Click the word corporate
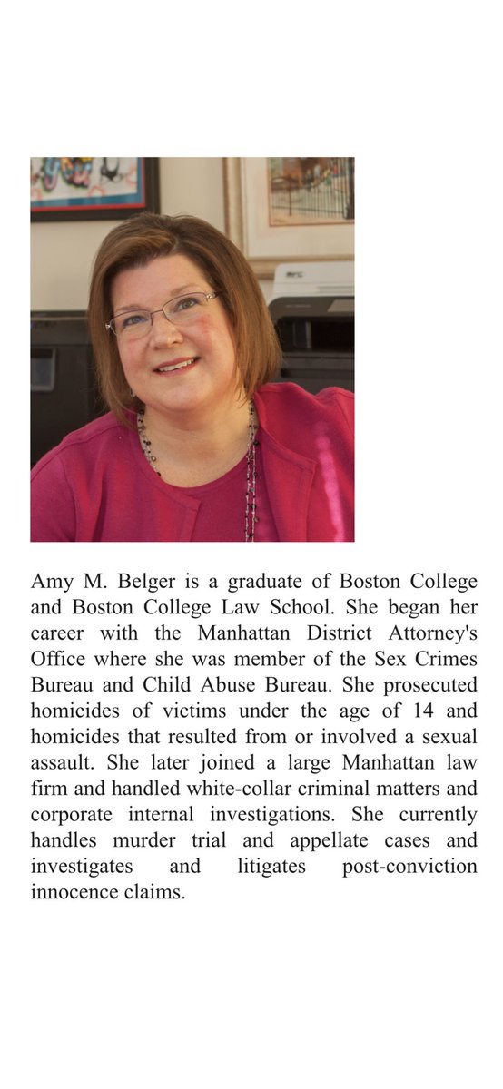point(70,815)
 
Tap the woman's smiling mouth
point(178,366)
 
